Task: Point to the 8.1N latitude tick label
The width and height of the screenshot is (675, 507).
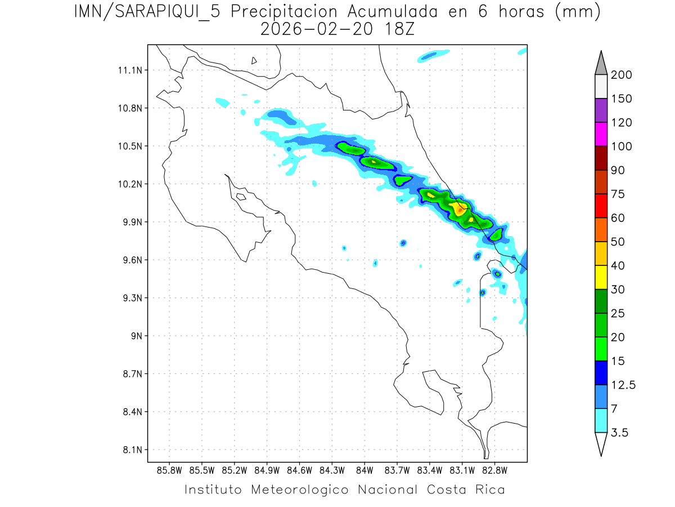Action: pyautogui.click(x=132, y=450)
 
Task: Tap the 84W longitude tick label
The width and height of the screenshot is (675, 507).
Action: pyautogui.click(x=364, y=470)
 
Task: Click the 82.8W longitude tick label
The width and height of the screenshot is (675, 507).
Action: pyautogui.click(x=494, y=470)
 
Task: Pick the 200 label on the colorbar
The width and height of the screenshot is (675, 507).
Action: pyautogui.click(x=621, y=75)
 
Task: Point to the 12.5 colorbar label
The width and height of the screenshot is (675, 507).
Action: pyautogui.click(x=623, y=385)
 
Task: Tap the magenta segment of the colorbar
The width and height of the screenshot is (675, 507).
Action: pyautogui.click(x=601, y=134)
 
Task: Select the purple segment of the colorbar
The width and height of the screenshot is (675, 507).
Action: pyautogui.click(x=601, y=110)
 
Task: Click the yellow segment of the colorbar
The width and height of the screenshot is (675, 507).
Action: pyautogui.click(x=601, y=277)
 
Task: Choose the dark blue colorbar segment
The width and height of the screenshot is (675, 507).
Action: pyautogui.click(x=601, y=372)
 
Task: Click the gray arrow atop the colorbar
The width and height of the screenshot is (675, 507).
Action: pyautogui.click(x=601, y=62)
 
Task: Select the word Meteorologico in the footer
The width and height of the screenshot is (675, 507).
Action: pyautogui.click(x=303, y=490)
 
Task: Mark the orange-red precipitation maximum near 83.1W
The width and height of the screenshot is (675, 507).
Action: pyautogui.click(x=460, y=210)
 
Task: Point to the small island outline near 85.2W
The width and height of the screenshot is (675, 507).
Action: pyautogui.click(x=240, y=197)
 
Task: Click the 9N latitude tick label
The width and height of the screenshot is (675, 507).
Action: pyautogui.click(x=136, y=336)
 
